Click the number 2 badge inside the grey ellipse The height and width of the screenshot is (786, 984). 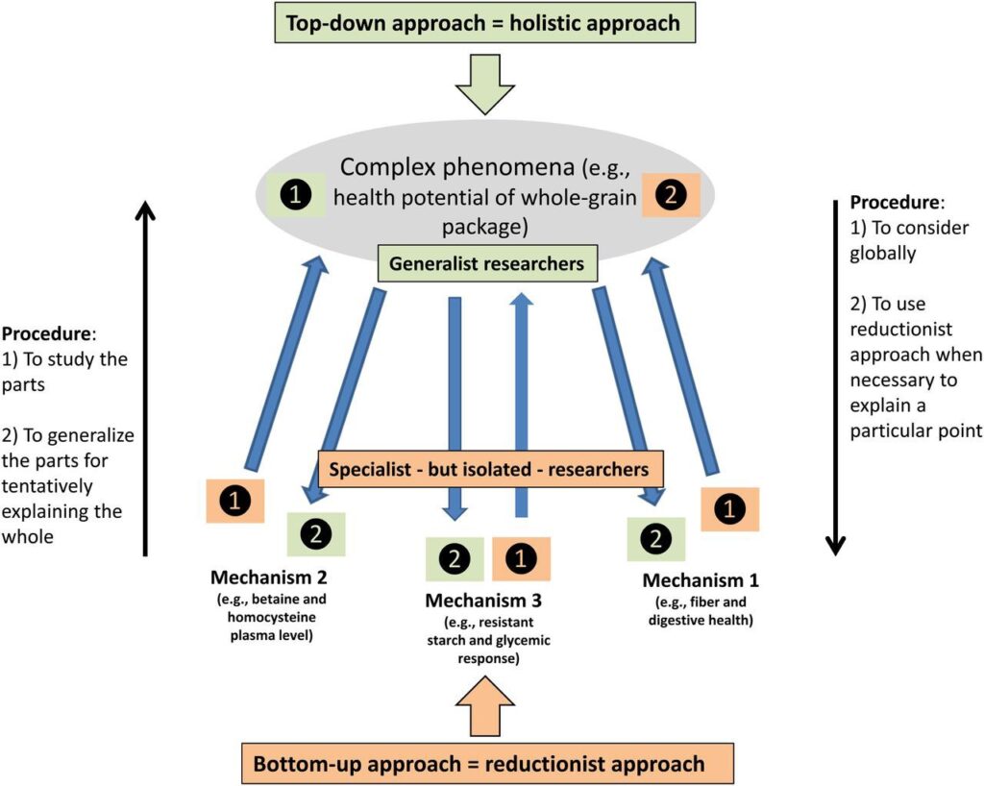pos(670,195)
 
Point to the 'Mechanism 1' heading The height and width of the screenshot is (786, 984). pos(701,580)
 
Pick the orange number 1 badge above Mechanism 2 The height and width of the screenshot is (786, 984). pos(235,500)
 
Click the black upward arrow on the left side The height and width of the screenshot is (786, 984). pos(144,375)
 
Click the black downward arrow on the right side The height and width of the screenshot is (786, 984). pos(836,375)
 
